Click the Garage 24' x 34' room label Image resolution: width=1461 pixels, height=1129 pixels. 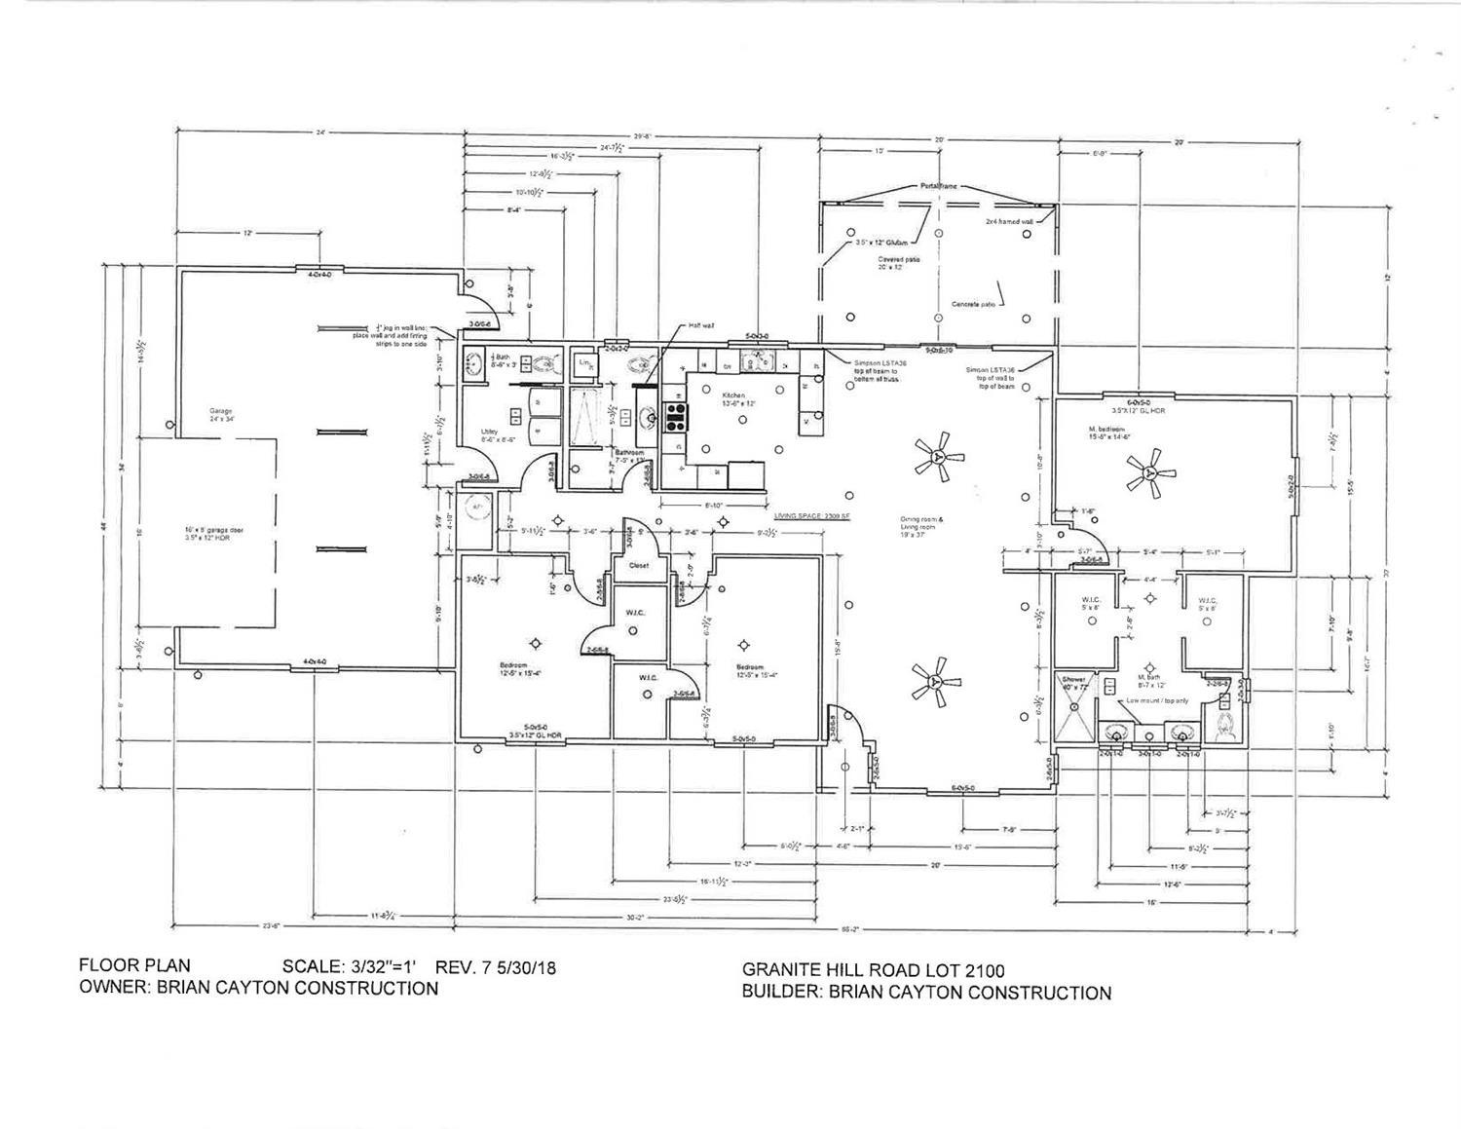[220, 415]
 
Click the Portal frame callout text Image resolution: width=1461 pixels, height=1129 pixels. [938, 185]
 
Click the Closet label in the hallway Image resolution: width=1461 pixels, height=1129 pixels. [638, 565]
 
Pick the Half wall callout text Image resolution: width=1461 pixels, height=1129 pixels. [702, 326]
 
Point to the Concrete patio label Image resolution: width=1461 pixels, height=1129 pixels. [973, 304]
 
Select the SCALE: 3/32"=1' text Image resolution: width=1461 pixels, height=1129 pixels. [349, 967]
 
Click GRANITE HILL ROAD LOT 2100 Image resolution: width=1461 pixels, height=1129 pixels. [873, 970]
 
